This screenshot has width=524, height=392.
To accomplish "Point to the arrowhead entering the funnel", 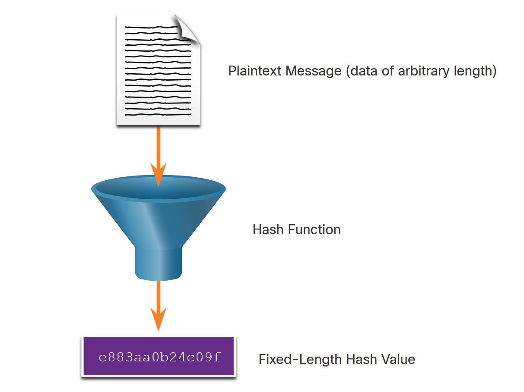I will click(x=159, y=175).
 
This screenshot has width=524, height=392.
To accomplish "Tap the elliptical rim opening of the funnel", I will click(x=159, y=189).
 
